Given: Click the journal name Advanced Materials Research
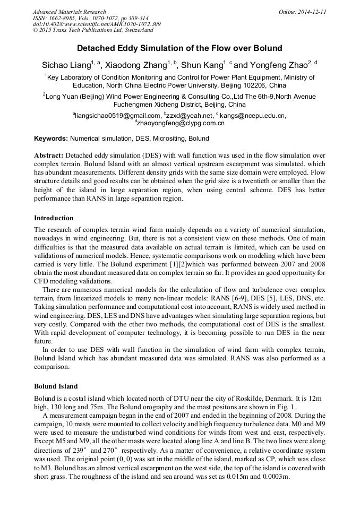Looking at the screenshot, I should point(69,12).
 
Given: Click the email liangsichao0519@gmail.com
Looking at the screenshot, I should point(118,116).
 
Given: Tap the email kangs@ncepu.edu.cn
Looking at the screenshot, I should point(254,116).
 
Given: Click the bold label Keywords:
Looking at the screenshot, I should point(51,139).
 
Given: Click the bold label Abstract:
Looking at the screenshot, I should point(48,156).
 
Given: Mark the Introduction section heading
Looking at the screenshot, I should point(54,218).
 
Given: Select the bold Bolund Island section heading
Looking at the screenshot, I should point(56,386).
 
